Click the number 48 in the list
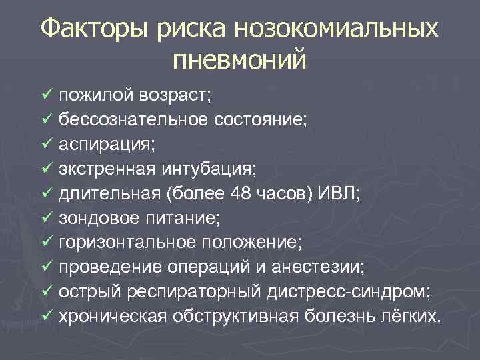point(243,193)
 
